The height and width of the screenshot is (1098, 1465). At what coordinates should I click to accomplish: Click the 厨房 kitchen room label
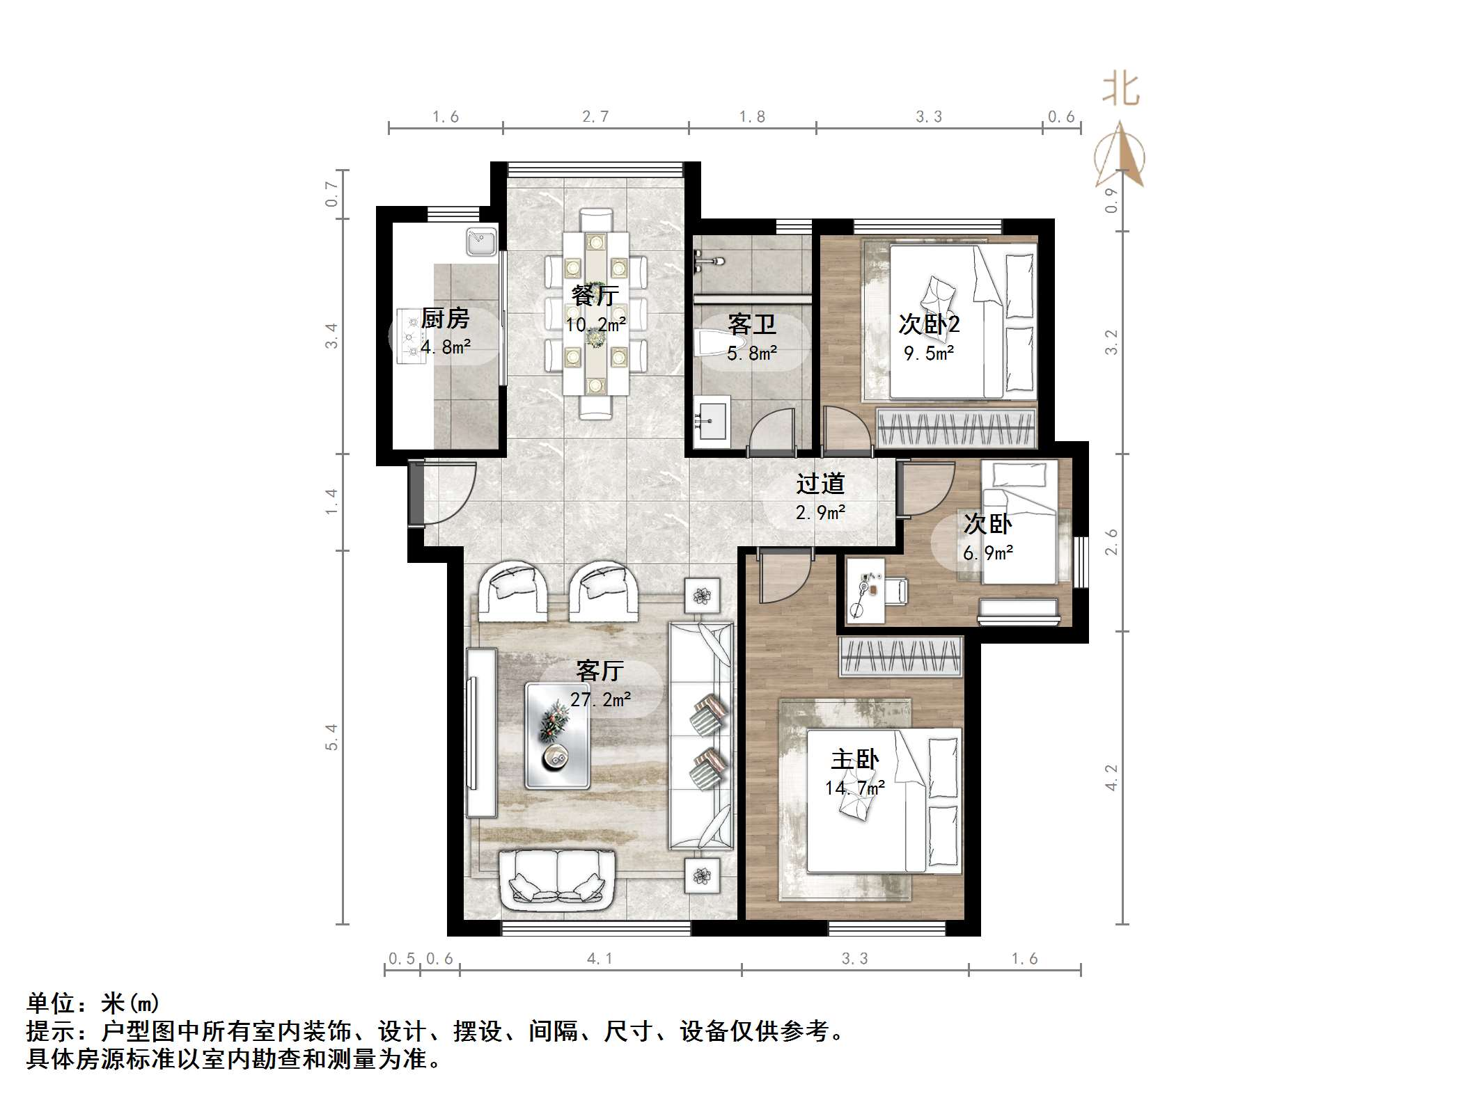pyautogui.click(x=445, y=319)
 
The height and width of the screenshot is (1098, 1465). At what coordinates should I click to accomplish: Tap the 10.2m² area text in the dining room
pyautogui.click(x=595, y=325)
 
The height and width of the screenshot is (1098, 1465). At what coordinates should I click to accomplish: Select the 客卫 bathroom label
pyautogui.click(x=751, y=324)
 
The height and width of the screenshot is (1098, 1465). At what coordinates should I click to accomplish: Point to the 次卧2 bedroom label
pyautogui.click(x=929, y=324)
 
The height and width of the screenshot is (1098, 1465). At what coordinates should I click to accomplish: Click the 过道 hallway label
pyautogui.click(x=820, y=484)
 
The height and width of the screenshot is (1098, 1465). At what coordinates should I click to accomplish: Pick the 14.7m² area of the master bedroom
pyautogui.click(x=855, y=788)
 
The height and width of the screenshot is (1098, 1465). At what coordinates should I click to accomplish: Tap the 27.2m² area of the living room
pyautogui.click(x=600, y=699)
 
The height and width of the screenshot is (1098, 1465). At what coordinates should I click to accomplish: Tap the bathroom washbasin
pyautogui.click(x=711, y=420)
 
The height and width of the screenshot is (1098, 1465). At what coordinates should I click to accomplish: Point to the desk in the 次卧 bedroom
pyautogui.click(x=865, y=590)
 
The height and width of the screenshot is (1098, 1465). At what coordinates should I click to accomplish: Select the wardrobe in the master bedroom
pyautogui.click(x=900, y=657)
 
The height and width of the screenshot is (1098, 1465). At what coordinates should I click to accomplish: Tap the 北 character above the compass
pyautogui.click(x=1120, y=90)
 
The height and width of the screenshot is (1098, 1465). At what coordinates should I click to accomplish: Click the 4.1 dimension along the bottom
pyautogui.click(x=600, y=959)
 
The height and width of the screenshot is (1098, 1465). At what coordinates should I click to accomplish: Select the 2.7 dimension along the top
pyautogui.click(x=595, y=117)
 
